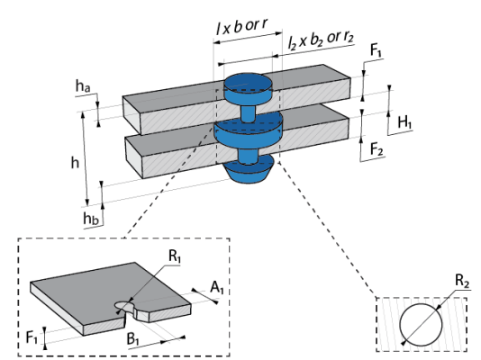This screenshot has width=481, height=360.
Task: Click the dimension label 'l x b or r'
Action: coord(241,26)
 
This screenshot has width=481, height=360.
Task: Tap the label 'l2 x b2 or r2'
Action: coord(321,40)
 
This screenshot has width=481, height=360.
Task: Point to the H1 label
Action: coord(404,122)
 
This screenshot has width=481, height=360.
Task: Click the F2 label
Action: coord(377,149)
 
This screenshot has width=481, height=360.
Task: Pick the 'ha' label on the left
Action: coord(83,85)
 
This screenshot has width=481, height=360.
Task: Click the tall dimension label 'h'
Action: coord(75,162)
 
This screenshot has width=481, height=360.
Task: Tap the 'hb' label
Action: coord(91,219)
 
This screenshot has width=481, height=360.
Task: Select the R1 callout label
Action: coord(174,256)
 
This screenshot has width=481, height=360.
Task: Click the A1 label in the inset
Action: coord(217,288)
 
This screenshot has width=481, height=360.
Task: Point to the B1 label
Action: coord(133,339)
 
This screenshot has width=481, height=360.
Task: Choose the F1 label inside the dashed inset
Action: coord(32,337)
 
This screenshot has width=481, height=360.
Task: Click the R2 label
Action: coord(462,281)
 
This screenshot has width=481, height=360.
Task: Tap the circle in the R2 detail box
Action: coord(421,303)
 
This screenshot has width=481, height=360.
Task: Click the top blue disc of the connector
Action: coord(248,89)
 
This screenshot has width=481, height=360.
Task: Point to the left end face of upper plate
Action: coord(132,115)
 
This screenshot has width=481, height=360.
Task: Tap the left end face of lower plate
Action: coord(134,157)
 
